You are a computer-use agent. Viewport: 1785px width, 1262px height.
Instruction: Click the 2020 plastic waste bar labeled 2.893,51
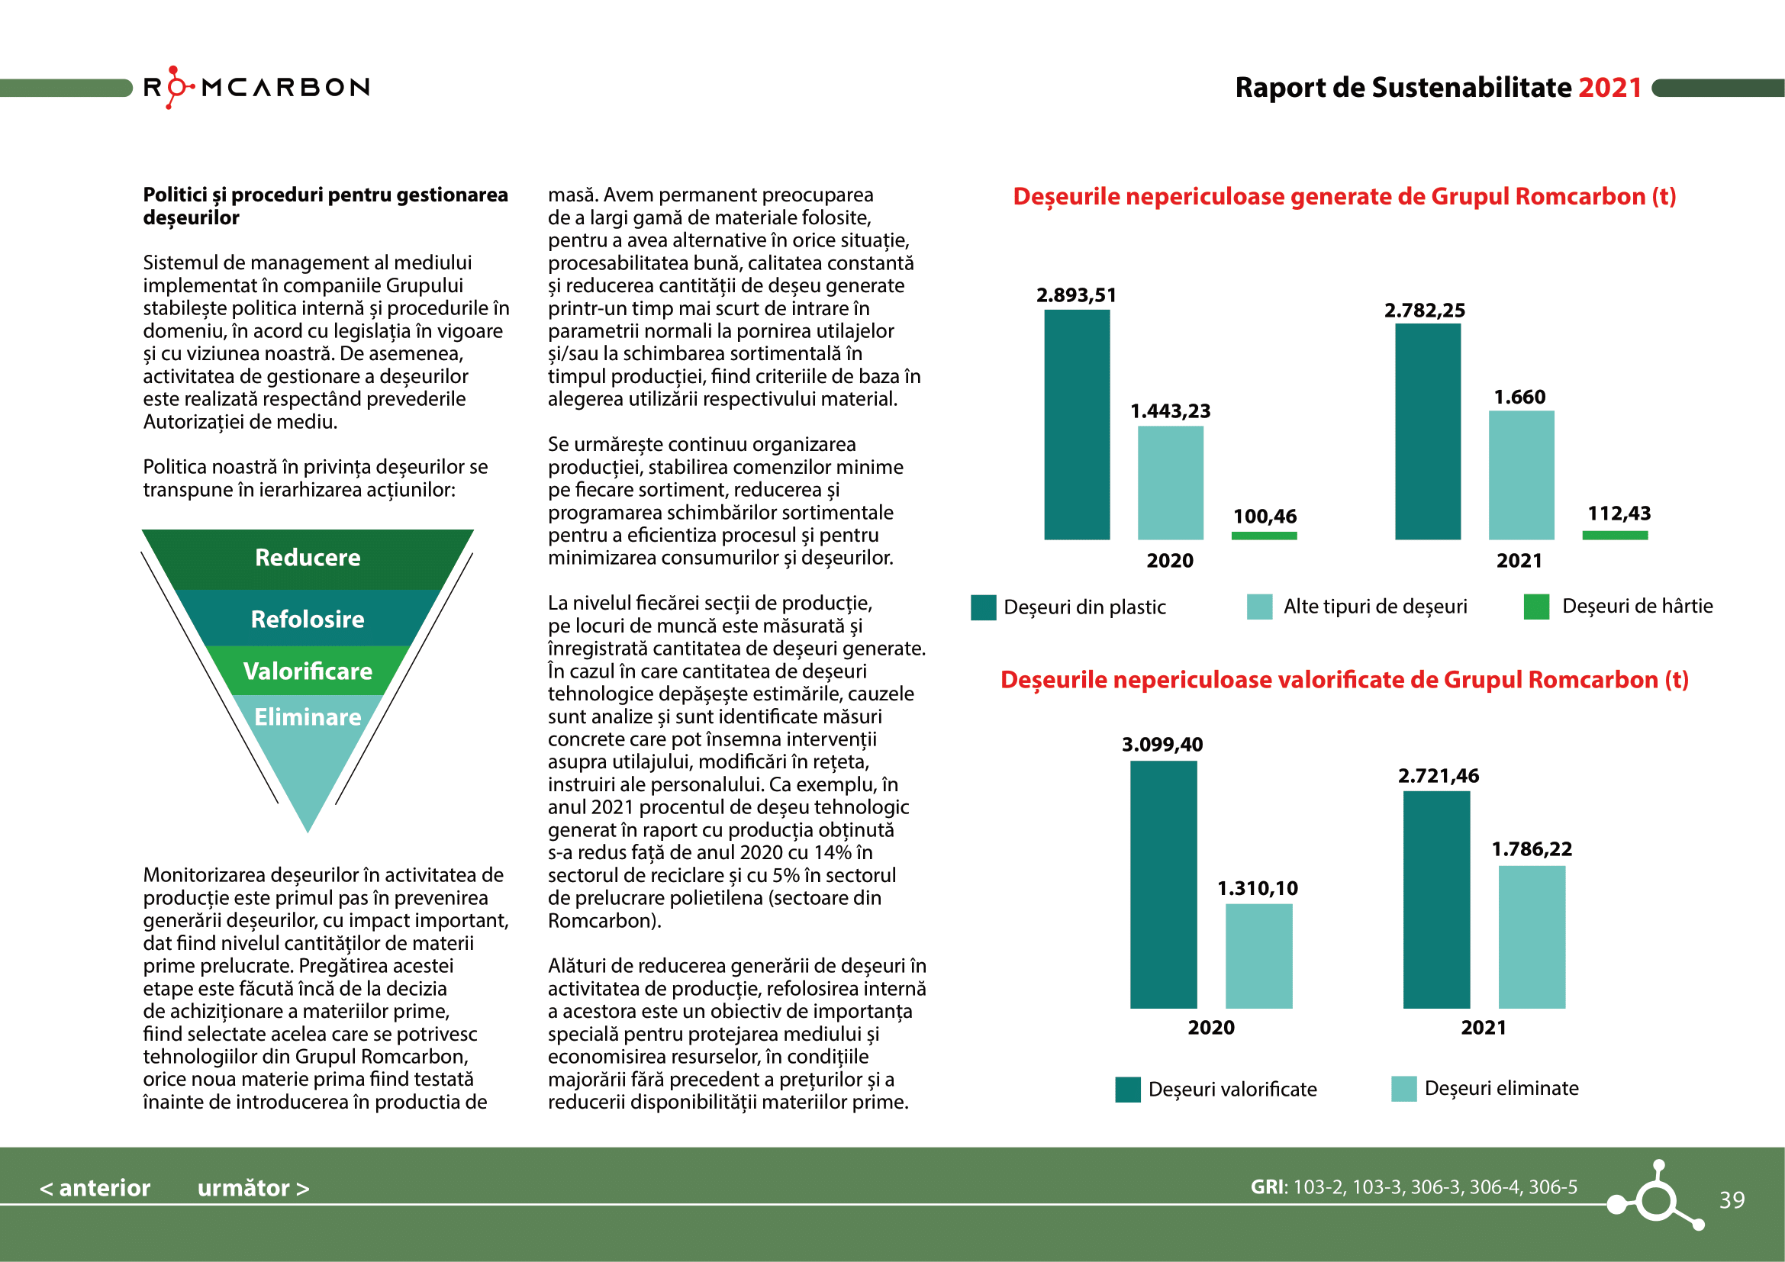pos(1077,424)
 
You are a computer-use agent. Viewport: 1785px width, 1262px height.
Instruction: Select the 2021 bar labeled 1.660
pos(1521,475)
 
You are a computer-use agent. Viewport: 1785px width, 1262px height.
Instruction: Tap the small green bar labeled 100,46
pos(1264,536)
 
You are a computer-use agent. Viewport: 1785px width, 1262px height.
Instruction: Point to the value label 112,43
pos(1619,513)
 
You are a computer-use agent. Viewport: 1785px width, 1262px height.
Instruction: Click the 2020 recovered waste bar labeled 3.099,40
pos(1163,884)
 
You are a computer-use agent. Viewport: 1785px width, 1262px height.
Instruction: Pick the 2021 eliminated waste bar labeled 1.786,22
pos(1532,937)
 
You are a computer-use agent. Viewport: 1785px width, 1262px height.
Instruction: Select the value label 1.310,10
pos(1257,888)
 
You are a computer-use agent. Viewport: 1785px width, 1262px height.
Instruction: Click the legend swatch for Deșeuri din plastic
pos(984,607)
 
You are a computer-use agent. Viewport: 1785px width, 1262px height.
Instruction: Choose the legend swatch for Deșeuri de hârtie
pos(1536,607)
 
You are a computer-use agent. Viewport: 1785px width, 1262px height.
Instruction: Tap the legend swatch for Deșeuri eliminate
pos(1403,1089)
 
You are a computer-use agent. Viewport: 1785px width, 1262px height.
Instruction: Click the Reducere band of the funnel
pos(308,558)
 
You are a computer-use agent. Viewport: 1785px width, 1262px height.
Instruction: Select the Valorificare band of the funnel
pos(308,671)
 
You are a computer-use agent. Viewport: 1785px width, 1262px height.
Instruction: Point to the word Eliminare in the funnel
pos(308,716)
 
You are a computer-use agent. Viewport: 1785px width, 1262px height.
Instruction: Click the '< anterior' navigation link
pos(95,1188)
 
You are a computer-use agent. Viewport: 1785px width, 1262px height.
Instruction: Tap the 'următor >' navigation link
pos(253,1188)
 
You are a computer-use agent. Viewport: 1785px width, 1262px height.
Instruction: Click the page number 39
pos(1732,1200)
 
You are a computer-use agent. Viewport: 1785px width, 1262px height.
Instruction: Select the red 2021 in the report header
pos(1610,88)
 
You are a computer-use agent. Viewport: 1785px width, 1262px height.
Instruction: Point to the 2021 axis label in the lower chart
pos(1484,1028)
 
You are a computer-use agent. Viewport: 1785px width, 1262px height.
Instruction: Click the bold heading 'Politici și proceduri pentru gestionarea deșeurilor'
pos(325,206)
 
